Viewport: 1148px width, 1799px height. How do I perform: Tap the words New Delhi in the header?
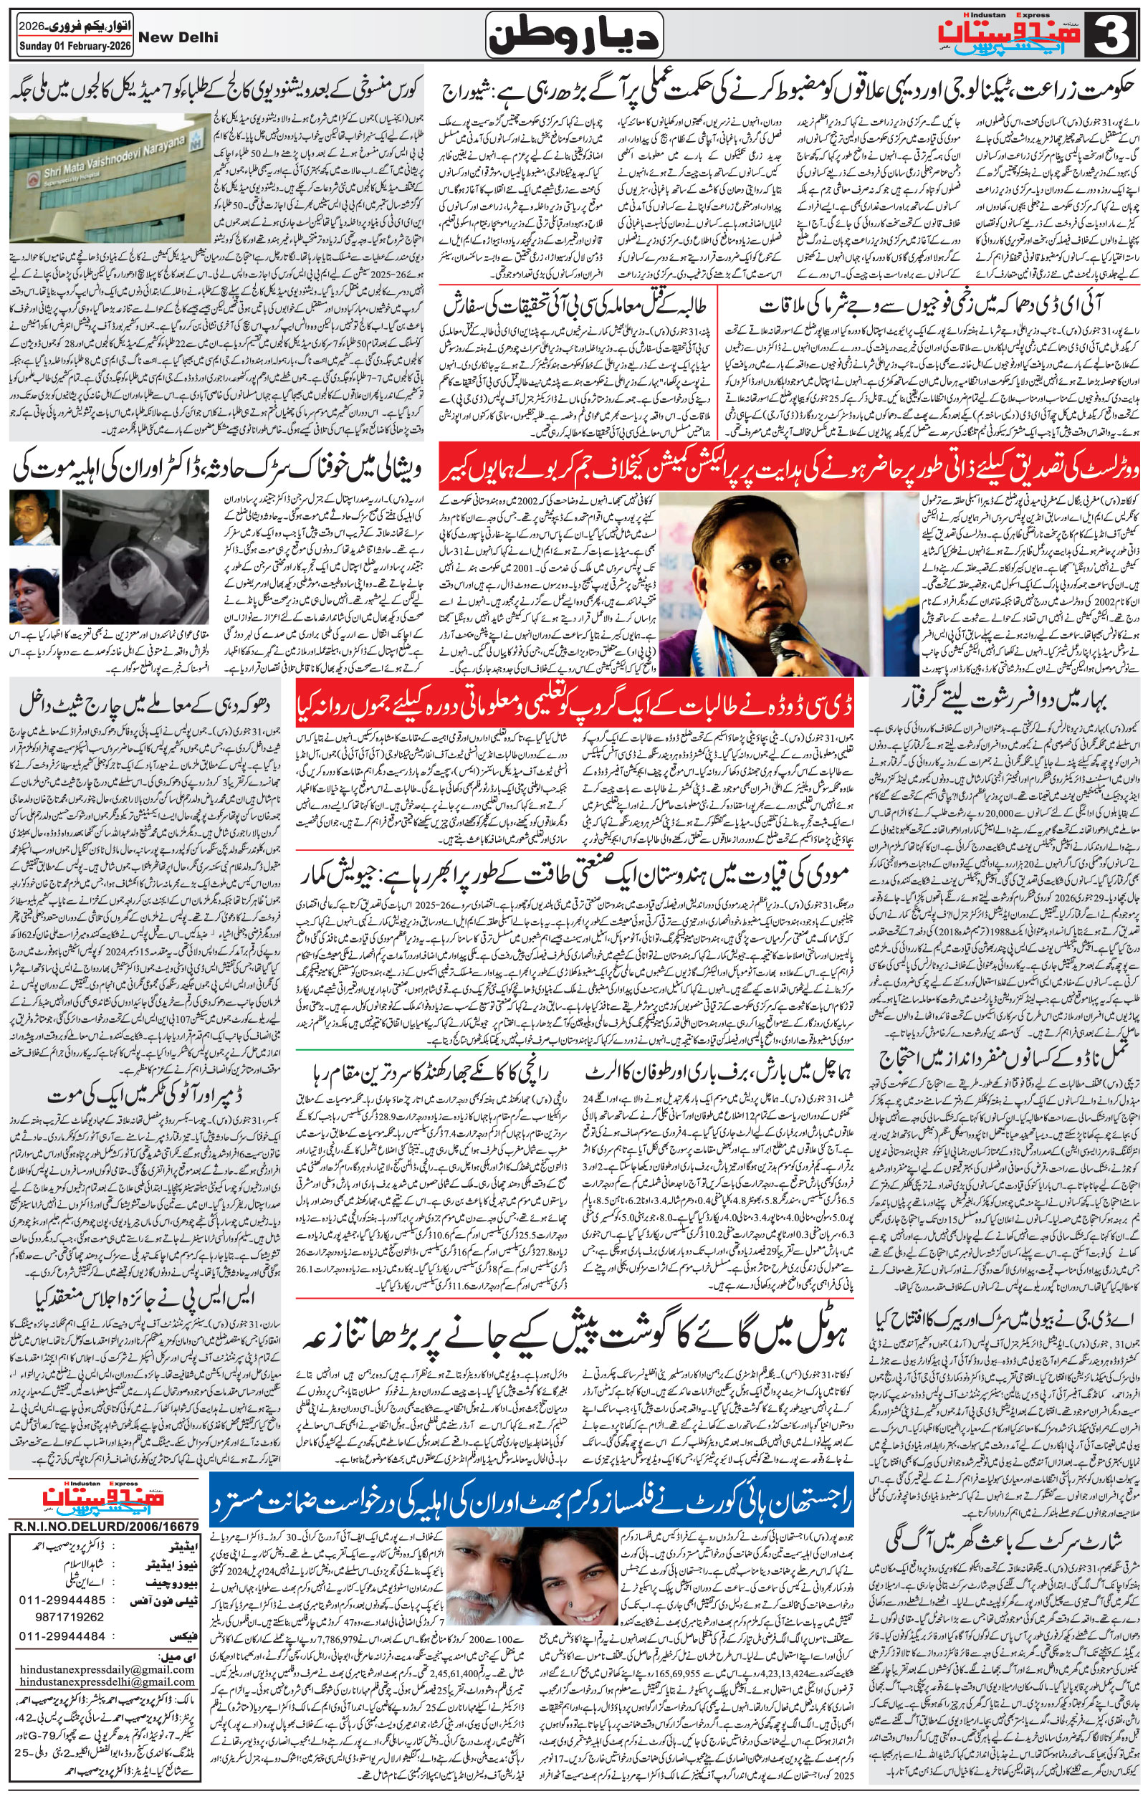[180, 37]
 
